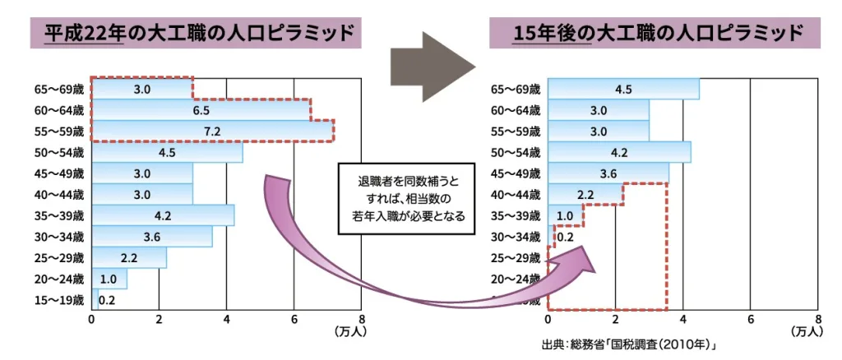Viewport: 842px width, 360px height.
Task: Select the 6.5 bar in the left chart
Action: [201, 110]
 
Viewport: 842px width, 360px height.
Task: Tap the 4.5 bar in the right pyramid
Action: [622, 89]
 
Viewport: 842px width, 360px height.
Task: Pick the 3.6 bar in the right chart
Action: [608, 173]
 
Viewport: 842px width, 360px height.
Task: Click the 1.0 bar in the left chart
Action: [109, 279]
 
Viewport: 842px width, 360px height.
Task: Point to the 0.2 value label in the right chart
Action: [566, 238]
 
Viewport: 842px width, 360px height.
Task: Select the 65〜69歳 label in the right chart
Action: [516, 89]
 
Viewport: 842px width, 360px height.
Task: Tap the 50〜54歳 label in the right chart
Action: [516, 153]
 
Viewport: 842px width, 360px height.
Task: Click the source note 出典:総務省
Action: [630, 344]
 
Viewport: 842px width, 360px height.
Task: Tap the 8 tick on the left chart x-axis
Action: [361, 320]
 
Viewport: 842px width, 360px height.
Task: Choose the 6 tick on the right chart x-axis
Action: [750, 320]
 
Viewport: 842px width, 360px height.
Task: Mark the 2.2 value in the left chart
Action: [129, 258]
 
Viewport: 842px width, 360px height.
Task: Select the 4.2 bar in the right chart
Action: [618, 153]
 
